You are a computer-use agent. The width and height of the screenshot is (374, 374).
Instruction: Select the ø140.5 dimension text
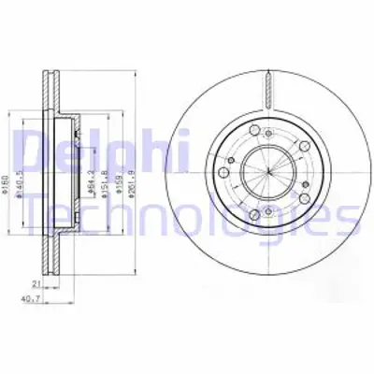tap(30, 166)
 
